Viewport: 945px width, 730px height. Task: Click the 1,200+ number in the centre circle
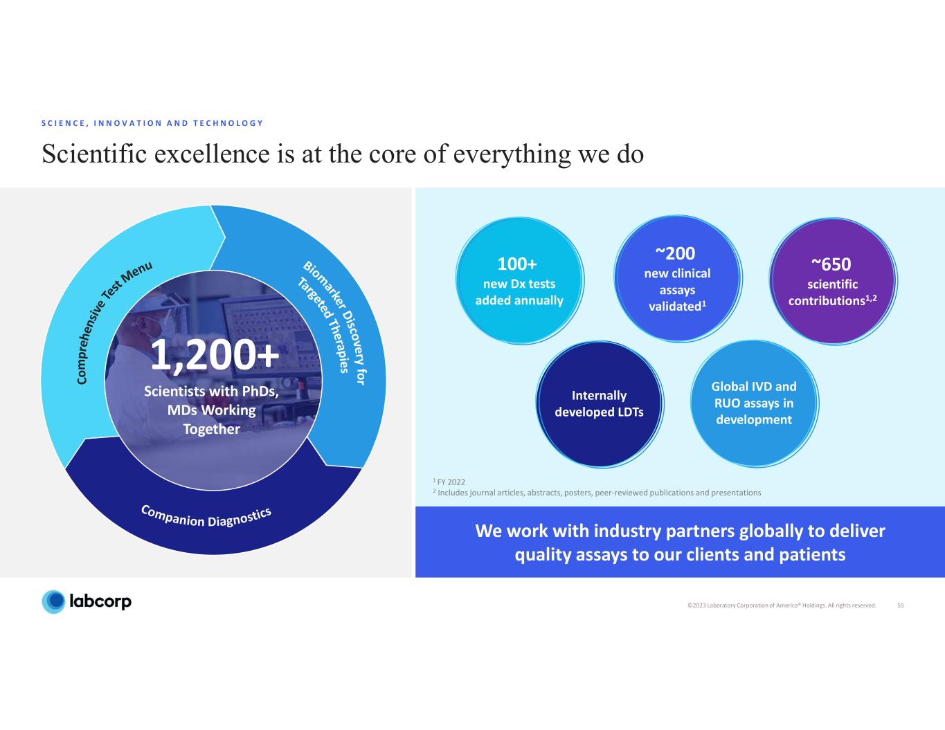[215, 356]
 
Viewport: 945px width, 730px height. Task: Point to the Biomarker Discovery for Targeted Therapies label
[332, 322]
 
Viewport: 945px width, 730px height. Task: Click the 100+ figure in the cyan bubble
[517, 264]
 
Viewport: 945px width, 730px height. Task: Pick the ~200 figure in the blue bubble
[675, 253]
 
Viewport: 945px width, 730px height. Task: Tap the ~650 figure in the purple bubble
[831, 264]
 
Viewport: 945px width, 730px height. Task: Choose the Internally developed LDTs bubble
[600, 403]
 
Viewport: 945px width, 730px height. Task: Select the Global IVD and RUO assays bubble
[754, 403]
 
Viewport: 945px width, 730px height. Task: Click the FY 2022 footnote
[449, 482]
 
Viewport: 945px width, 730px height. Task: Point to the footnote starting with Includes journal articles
[597, 493]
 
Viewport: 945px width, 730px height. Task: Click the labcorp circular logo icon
[53, 602]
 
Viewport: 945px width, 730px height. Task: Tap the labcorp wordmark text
[100, 601]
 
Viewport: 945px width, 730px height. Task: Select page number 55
[900, 605]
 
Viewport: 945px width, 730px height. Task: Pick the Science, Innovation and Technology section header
[152, 123]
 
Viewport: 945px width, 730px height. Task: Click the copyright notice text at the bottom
[782, 605]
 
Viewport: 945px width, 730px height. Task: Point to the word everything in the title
[512, 155]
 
